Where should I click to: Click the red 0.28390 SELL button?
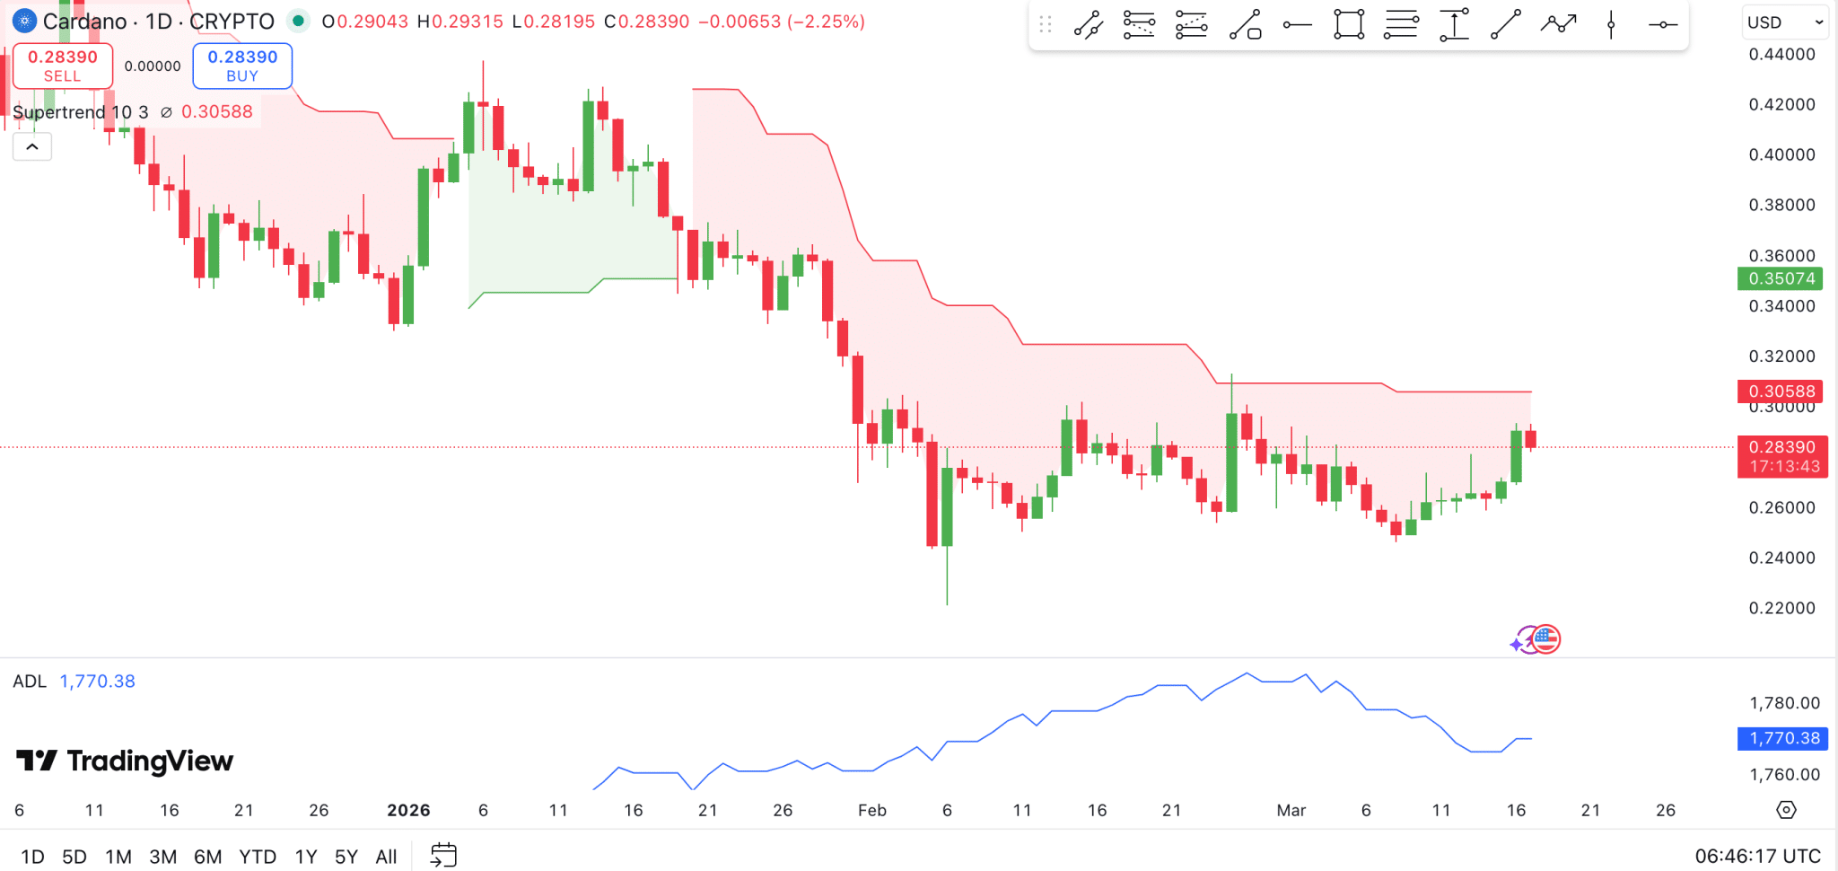pos(63,66)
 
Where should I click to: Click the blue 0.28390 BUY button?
pos(242,66)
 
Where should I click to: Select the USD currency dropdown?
pos(1784,22)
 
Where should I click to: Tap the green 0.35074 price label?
pos(1781,278)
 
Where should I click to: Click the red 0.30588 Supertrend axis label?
pos(1781,391)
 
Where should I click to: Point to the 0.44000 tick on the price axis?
pos(1781,54)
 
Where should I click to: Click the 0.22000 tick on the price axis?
pos(1781,608)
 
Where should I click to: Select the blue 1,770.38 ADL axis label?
pos(1783,738)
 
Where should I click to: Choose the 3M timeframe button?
pos(162,857)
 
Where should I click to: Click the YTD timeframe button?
pos(258,857)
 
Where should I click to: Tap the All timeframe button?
pos(386,857)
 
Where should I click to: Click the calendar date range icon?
pos(443,855)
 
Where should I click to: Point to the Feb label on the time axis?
pos(871,810)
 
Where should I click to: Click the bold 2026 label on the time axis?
pos(408,810)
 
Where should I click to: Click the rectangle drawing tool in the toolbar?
pos(1348,24)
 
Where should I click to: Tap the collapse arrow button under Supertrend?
pos(32,146)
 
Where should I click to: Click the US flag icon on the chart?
pos(1545,639)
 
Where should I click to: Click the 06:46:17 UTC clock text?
pos(1757,856)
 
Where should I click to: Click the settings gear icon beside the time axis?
pos(1786,810)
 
